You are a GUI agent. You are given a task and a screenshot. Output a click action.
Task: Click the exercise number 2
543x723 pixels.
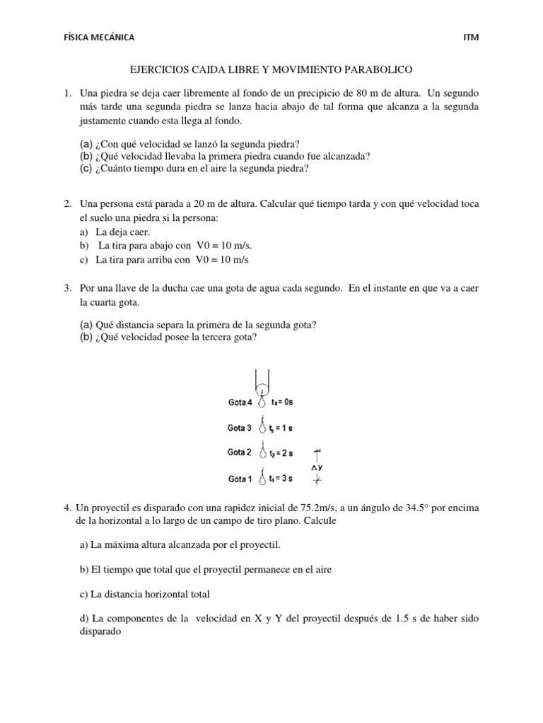pyautogui.click(x=67, y=204)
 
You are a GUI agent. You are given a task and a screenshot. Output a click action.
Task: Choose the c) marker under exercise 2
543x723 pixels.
pyautogui.click(x=84, y=259)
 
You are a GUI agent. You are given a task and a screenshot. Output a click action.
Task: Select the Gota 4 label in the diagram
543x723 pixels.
pyautogui.click(x=239, y=402)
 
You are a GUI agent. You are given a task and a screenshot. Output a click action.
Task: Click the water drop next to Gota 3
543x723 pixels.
pyautogui.click(x=262, y=426)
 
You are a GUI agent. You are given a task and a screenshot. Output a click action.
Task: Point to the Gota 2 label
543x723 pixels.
pyautogui.click(x=239, y=453)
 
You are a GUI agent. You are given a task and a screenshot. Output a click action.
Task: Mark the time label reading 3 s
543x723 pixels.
pyautogui.click(x=281, y=479)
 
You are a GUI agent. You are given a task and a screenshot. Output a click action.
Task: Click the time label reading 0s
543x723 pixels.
pyautogui.click(x=283, y=402)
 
